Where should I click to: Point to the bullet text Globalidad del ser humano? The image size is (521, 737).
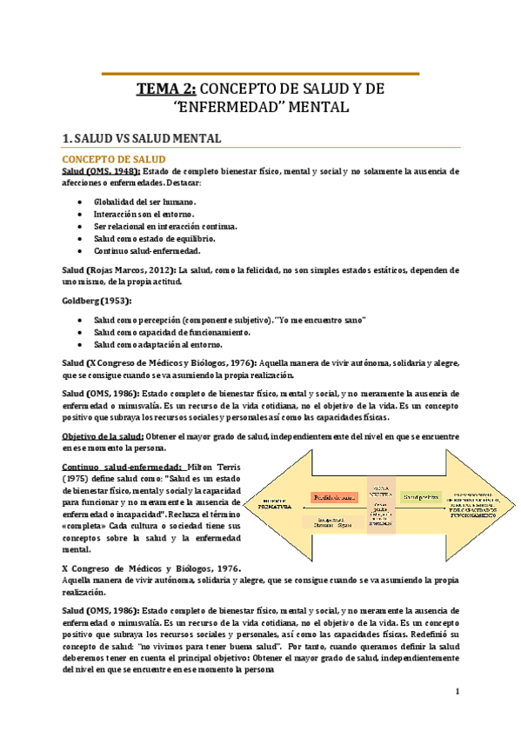[x=145, y=201]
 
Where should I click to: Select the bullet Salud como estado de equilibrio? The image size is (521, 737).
[x=155, y=237]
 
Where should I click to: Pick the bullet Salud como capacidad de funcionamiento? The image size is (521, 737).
[x=171, y=332]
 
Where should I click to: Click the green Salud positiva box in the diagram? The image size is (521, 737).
[x=417, y=497]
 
